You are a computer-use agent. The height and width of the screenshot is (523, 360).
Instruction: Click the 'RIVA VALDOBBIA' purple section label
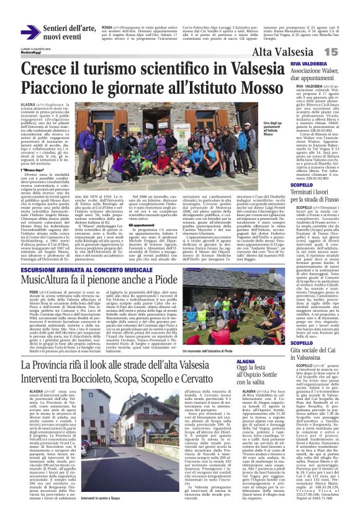pyautogui.click(x=308, y=64)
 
